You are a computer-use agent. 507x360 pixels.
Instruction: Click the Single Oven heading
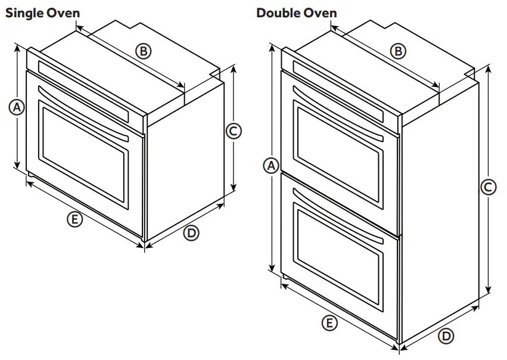tap(42, 13)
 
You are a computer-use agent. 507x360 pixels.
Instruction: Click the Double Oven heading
tap(296, 13)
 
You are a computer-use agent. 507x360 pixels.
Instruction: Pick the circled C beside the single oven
tap(234, 130)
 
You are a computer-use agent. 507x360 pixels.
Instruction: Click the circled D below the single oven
tap(191, 233)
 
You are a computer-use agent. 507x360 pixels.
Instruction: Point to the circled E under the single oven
tap(74, 220)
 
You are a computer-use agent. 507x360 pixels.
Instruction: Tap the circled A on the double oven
tap(272, 165)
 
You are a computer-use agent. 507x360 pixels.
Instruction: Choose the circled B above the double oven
tap(398, 51)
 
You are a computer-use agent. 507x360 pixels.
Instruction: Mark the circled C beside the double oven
tap(488, 187)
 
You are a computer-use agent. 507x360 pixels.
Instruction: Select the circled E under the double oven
tap(328, 324)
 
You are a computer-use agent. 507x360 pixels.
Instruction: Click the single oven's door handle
tap(83, 113)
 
